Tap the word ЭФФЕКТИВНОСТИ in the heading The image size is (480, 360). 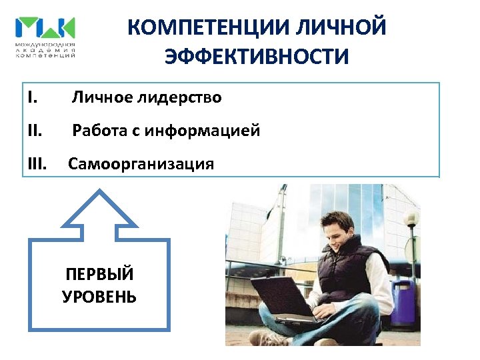pyautogui.click(x=257, y=57)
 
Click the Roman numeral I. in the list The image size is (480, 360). pyautogui.click(x=33, y=98)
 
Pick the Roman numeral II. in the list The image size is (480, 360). pyautogui.click(x=35, y=131)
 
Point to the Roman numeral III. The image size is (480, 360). pyautogui.click(x=38, y=164)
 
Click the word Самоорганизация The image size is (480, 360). pyautogui.click(x=141, y=164)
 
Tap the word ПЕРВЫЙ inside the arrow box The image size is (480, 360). pyautogui.click(x=99, y=274)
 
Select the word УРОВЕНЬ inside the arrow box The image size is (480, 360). pyautogui.click(x=99, y=297)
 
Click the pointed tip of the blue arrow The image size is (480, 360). pyautogui.click(x=99, y=191)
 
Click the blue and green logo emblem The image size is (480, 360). pyautogui.click(x=45, y=28)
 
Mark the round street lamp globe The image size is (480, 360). pyautogui.click(x=411, y=218)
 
